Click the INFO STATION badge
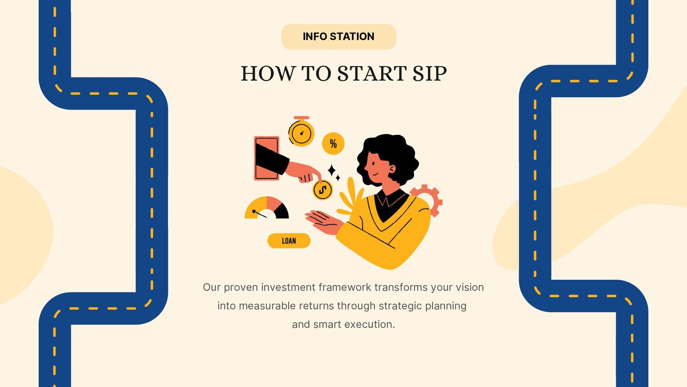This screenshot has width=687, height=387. (339, 37)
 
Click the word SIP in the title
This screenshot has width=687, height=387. (429, 74)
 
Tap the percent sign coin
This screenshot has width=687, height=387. (333, 144)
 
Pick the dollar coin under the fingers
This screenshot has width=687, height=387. (322, 190)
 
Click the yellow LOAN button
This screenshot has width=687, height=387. (289, 241)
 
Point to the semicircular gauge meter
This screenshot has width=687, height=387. (267, 208)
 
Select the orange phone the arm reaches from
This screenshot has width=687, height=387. (267, 158)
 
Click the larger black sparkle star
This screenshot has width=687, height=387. (331, 170)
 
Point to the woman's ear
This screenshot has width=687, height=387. (392, 169)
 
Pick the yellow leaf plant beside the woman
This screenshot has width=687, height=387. (351, 197)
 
